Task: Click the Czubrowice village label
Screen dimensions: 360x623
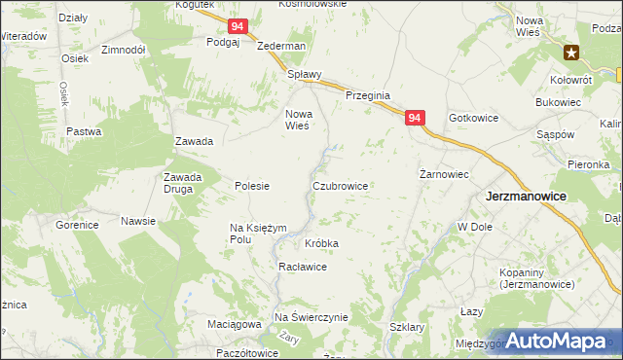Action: pos(340,185)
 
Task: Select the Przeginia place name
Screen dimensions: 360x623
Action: pos(368,96)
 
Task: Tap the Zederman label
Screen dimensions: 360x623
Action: pos(281,46)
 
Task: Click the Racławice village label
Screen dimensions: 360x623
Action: pos(306,267)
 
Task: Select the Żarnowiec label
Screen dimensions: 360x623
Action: pos(444,174)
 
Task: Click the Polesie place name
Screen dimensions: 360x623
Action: pos(252,186)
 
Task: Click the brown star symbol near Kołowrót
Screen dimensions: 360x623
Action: pos(572,53)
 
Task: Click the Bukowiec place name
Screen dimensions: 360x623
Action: pos(558,101)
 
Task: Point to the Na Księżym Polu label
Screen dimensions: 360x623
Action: pos(257,233)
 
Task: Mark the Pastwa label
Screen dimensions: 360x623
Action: pos(84,131)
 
